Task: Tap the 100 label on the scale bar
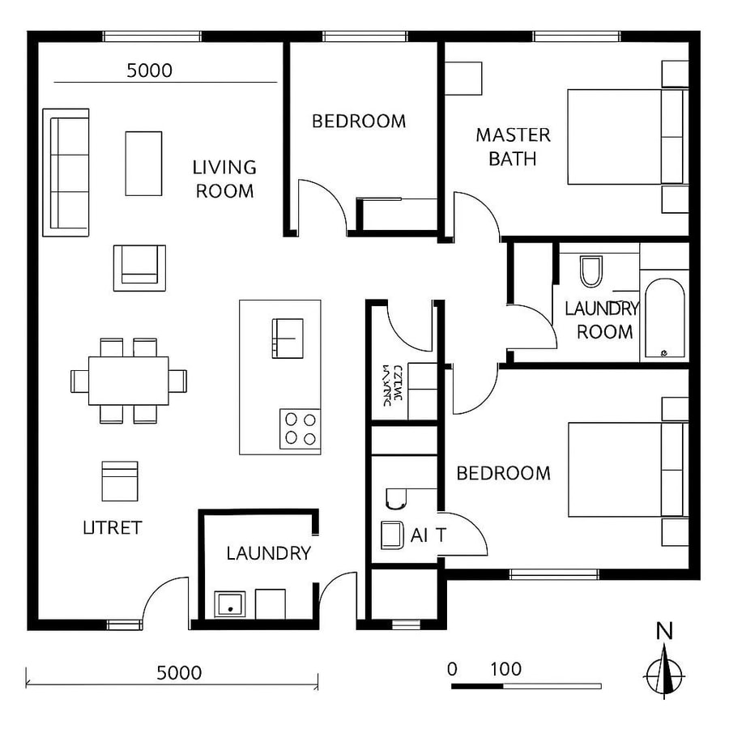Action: tap(505, 670)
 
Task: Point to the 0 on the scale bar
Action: tap(452, 670)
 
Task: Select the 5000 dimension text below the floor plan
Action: tap(179, 672)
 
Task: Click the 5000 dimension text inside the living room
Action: tap(150, 70)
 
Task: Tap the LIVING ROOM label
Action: tap(224, 179)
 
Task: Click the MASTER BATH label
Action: tap(513, 147)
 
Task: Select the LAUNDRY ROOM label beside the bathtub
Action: tap(601, 320)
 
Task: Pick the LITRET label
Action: tap(113, 528)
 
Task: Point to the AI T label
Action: tap(428, 535)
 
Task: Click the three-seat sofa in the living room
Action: tap(66, 173)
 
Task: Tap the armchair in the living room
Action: tap(139, 267)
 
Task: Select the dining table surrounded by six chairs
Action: tap(129, 380)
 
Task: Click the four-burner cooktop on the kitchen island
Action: tap(300, 429)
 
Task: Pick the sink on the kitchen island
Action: tap(287, 338)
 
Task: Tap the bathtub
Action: tap(663, 319)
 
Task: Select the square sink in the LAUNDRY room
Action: tap(228, 603)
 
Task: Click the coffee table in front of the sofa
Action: tap(143, 163)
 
